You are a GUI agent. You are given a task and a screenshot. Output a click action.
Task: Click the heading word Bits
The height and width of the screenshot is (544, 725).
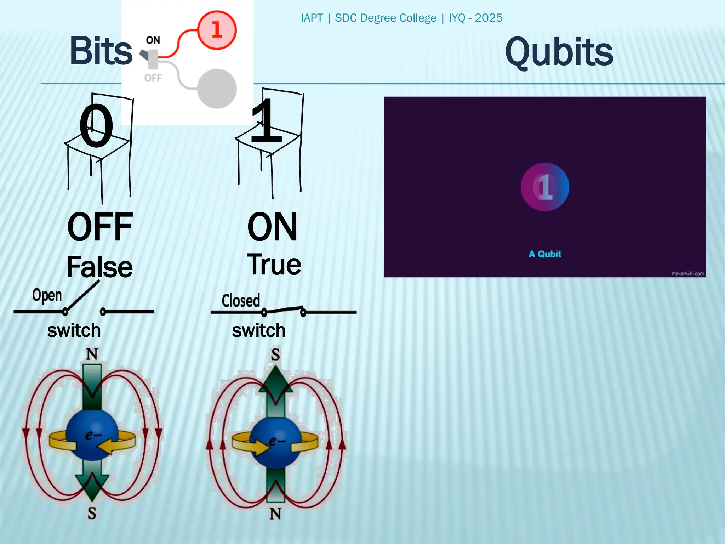(x=101, y=51)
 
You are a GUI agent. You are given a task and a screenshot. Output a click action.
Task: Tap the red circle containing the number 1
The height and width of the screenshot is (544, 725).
(x=217, y=30)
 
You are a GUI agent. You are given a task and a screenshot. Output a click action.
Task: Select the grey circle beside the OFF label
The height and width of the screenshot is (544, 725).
(x=217, y=89)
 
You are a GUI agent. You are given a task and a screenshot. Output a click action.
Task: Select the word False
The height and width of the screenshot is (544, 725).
(x=99, y=267)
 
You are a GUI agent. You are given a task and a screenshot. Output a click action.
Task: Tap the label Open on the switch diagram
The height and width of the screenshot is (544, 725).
(x=47, y=295)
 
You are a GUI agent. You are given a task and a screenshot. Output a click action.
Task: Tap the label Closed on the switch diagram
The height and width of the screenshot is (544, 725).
(x=241, y=301)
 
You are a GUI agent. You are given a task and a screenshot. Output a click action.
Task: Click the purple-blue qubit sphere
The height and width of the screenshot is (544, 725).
(x=545, y=187)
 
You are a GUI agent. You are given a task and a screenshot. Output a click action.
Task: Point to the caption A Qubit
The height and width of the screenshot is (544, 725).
(x=545, y=254)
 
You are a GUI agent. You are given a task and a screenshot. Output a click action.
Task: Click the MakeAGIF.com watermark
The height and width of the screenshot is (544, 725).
(x=687, y=273)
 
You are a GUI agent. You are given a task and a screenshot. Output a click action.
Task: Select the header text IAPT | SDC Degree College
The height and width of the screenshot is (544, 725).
(x=368, y=18)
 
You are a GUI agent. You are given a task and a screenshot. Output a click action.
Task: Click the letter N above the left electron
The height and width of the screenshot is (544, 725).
(x=92, y=354)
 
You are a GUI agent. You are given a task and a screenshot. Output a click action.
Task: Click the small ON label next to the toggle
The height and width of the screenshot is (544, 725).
(x=153, y=40)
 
